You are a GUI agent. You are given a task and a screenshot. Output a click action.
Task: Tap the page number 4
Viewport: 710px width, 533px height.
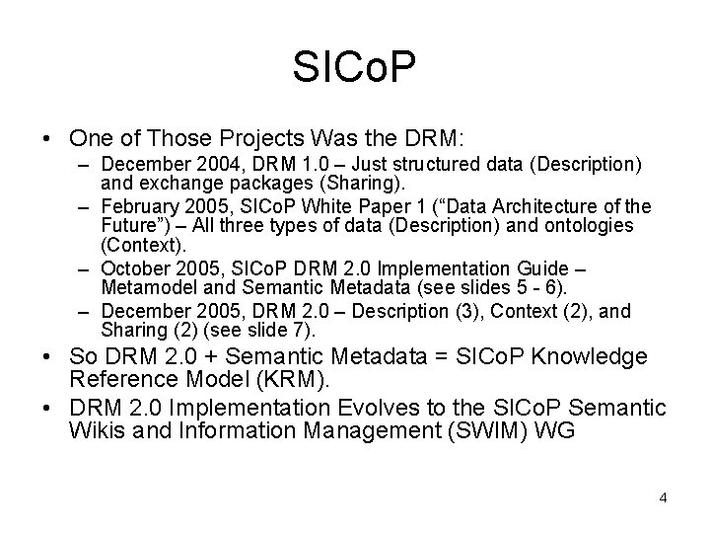[664, 497]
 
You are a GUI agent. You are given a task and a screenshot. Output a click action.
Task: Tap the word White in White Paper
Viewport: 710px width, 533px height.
[308, 206]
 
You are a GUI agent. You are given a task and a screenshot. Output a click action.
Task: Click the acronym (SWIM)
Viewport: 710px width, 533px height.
[495, 431]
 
